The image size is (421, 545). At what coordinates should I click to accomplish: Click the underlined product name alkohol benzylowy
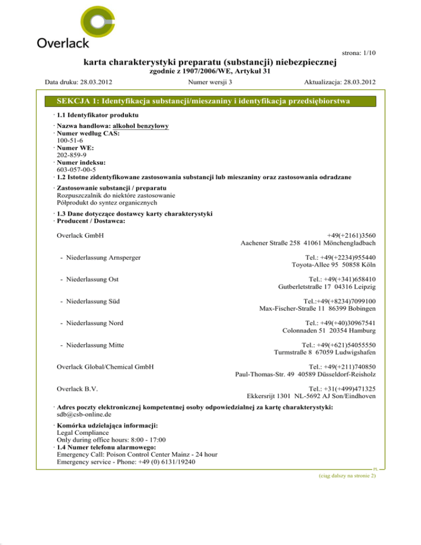point(139,127)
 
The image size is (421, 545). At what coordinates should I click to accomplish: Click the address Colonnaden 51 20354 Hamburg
point(329,331)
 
